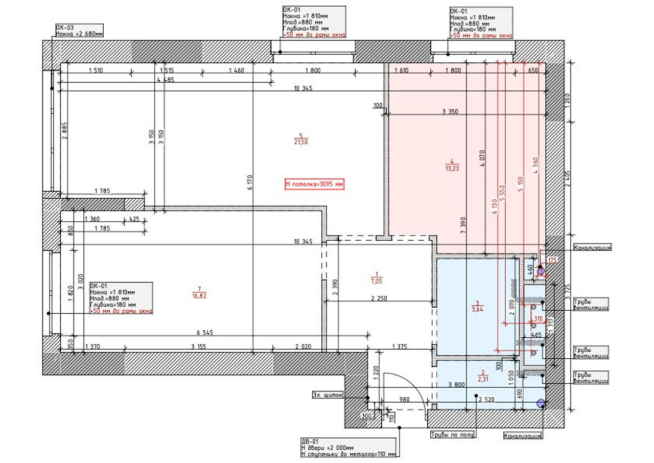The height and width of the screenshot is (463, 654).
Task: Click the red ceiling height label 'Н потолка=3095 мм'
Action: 313,184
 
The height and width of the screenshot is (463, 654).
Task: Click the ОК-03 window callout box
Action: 79,31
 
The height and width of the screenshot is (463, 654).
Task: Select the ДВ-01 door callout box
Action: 348,447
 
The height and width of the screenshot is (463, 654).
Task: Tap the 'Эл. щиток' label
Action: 326,395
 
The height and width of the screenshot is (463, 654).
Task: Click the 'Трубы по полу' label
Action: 452,435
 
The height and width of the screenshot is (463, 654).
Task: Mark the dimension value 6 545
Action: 205,333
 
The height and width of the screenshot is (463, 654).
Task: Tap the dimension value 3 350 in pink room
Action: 450,111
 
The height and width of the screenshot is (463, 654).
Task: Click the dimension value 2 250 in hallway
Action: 380,298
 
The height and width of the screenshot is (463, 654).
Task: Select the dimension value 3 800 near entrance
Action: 456,385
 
